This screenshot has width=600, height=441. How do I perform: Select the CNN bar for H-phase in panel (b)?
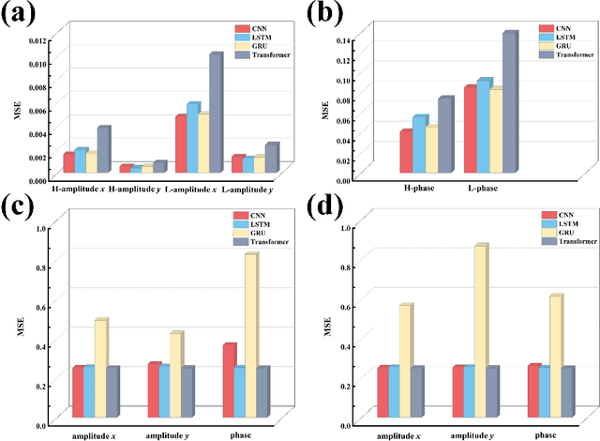tap(406, 152)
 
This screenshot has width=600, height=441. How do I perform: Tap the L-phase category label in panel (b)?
tap(482, 189)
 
